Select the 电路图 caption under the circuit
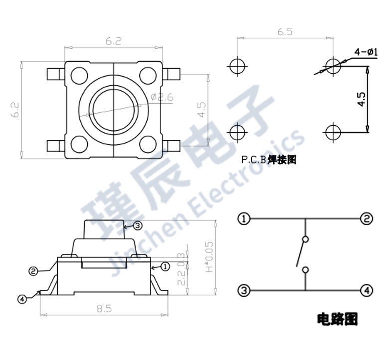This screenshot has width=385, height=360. [x=337, y=318]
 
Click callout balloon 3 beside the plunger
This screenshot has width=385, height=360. [x=138, y=226]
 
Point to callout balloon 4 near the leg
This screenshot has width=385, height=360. [x=22, y=299]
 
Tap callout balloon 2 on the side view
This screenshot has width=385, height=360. [x=33, y=271]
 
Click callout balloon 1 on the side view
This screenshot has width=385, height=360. [x=164, y=266]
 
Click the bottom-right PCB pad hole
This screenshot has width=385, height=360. [x=332, y=132]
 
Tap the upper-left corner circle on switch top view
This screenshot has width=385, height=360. [x=79, y=75]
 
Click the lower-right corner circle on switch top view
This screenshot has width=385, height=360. [x=148, y=144]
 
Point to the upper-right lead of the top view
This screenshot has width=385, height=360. [x=172, y=75]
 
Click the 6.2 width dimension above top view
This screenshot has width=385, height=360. [x=113, y=42]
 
